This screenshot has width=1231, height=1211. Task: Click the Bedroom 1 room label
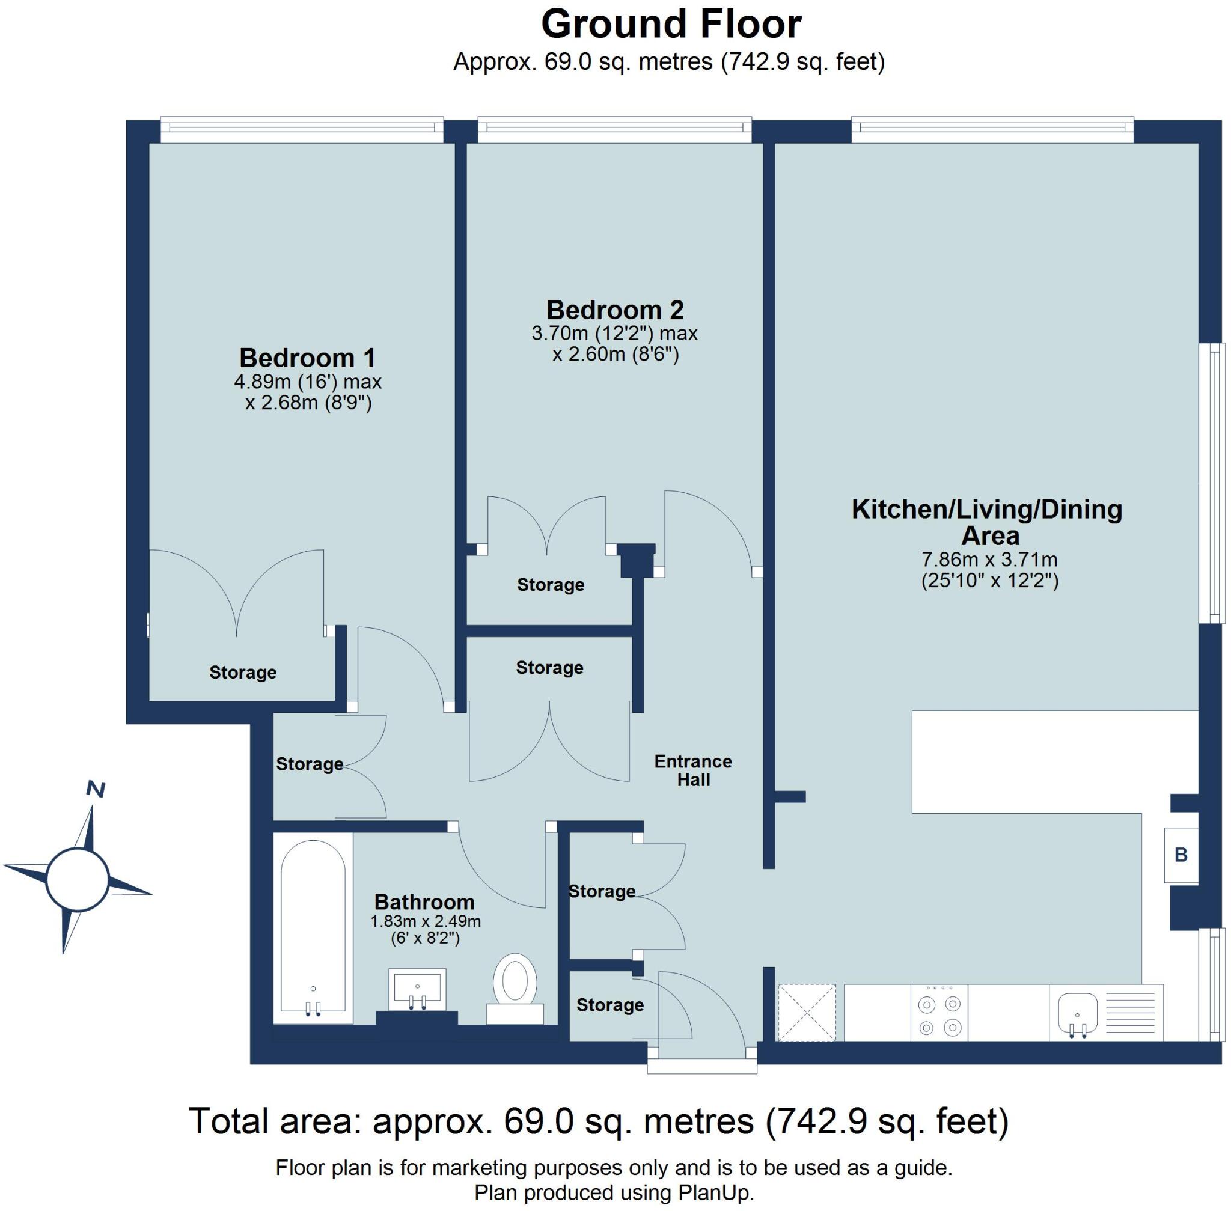(x=307, y=358)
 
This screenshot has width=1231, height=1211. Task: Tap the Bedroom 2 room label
(x=614, y=310)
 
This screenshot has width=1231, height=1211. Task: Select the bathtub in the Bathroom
(x=313, y=929)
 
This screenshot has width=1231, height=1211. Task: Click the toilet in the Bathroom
(x=515, y=989)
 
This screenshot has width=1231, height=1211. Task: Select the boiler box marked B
(x=1181, y=855)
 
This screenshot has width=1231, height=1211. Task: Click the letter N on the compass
(x=96, y=789)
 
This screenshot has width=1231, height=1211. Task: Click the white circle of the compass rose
(x=77, y=880)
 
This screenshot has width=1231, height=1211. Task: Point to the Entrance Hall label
(x=693, y=770)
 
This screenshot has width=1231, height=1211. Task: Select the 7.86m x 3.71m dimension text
(x=989, y=560)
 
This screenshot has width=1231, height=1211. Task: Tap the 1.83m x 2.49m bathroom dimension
(x=426, y=921)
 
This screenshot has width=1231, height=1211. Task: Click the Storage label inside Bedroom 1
(x=242, y=673)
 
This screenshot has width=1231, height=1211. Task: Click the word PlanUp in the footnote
(x=716, y=1193)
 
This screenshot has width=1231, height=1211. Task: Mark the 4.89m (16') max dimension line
(x=308, y=382)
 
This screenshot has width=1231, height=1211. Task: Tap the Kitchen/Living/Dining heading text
(x=987, y=510)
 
